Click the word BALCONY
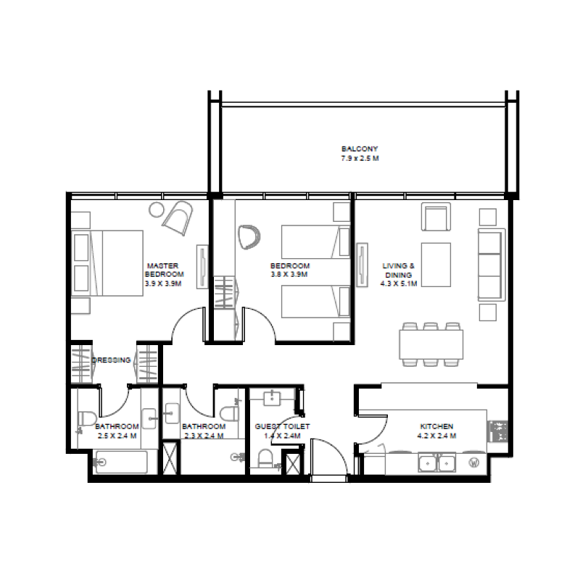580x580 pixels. pos(360,149)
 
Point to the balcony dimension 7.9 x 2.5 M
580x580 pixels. pos(360,157)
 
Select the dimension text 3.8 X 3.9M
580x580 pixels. pos(290,275)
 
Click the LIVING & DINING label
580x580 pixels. pos(399,270)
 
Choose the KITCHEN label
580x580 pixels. pos(437,426)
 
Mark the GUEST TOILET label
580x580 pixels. pos(282,426)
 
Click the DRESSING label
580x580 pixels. pos(112,360)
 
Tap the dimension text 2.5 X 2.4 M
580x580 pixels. pos(117,436)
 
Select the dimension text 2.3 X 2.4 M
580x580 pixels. pos(203,436)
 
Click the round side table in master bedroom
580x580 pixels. pos(157,210)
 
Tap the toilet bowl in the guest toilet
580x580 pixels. pos(265,459)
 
